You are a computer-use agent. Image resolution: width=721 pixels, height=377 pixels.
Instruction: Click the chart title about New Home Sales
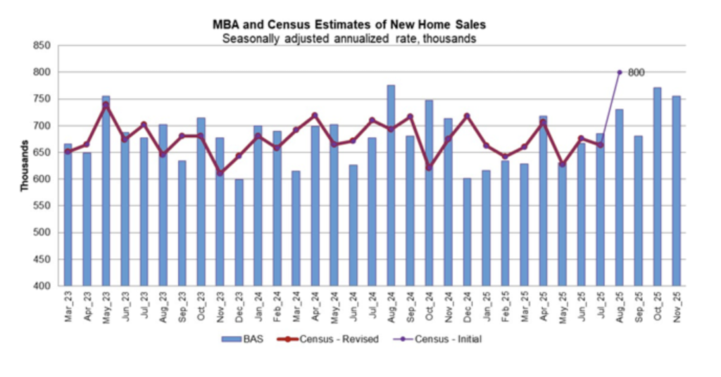(349, 25)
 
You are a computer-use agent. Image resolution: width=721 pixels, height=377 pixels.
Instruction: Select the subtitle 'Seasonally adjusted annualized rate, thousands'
(349, 38)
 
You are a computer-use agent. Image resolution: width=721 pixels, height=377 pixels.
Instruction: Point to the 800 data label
(636, 72)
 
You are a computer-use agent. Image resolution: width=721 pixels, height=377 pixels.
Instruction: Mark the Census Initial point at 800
(620, 72)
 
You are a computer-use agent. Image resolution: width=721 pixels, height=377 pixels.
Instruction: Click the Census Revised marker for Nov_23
(220, 172)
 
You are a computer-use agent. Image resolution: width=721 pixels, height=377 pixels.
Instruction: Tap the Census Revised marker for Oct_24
(429, 167)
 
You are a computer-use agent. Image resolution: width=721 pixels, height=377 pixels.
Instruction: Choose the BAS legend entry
(242, 339)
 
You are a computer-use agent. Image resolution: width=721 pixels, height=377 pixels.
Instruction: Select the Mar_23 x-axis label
(68, 307)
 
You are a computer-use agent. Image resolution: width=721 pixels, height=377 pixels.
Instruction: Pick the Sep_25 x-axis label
(638, 307)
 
